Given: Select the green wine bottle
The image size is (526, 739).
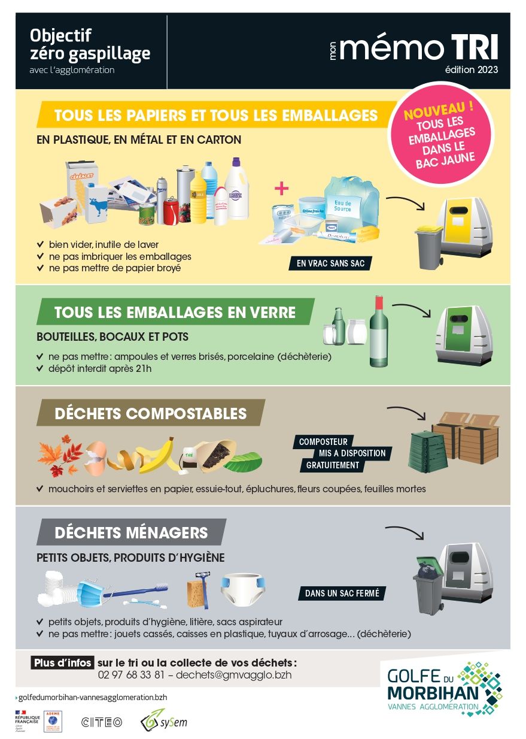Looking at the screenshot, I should [378, 332].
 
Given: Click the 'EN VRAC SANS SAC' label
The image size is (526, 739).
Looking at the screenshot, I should [330, 263].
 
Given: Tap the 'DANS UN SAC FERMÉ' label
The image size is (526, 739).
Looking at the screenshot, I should [342, 593].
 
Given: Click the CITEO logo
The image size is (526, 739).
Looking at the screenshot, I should [101, 722].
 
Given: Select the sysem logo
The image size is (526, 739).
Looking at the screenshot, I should [163, 720].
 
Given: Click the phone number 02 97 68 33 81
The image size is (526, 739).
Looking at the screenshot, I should [130, 674].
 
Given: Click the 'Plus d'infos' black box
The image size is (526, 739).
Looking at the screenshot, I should [62, 663].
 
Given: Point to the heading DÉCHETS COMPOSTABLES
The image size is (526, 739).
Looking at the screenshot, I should [150, 413].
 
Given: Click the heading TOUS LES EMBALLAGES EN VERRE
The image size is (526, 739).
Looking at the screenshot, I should [175, 312].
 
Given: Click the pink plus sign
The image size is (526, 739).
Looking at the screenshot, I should [281, 189].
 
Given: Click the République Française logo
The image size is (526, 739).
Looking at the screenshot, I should [26, 722].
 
